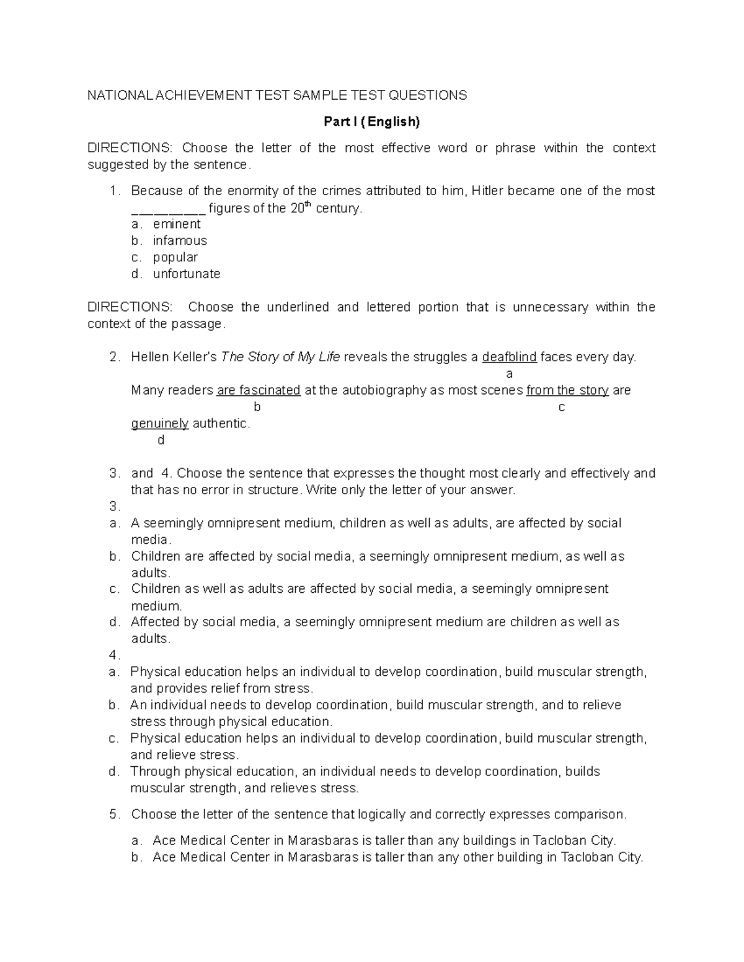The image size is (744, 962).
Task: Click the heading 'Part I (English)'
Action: tap(371, 121)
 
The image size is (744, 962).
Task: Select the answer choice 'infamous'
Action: tap(180, 240)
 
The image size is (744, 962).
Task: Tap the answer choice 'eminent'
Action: tap(177, 224)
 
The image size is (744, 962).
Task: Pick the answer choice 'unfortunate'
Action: tap(187, 274)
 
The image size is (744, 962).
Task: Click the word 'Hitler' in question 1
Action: tap(488, 191)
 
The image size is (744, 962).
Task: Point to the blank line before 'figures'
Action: tap(168, 209)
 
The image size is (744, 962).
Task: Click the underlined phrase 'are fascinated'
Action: tap(258, 390)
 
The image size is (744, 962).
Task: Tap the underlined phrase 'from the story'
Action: tap(567, 390)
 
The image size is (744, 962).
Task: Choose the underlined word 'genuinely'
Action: tap(160, 424)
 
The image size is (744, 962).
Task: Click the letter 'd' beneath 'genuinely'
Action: tap(161, 440)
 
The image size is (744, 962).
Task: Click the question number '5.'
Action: tap(115, 815)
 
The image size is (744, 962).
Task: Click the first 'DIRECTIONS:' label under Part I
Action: tap(131, 148)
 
